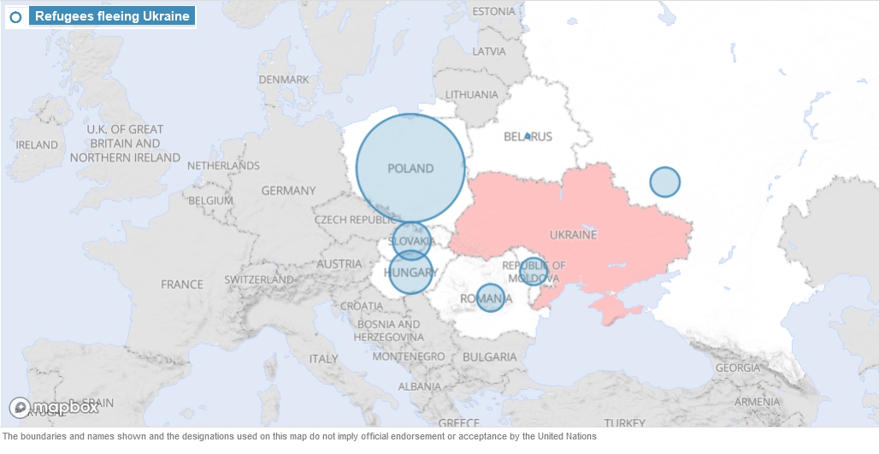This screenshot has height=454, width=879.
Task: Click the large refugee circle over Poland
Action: (x=410, y=168)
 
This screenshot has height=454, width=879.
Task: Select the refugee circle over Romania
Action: (x=490, y=298)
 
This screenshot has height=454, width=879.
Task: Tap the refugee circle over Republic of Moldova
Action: (x=533, y=272)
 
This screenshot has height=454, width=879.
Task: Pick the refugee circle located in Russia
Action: (x=664, y=182)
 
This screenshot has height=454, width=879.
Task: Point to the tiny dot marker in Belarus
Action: (x=528, y=136)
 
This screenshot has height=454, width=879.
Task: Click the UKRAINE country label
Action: (x=573, y=234)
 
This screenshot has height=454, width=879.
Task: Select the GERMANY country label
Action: (x=288, y=191)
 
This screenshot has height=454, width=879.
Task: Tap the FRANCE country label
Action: (x=182, y=285)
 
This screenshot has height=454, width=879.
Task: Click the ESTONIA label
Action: (x=494, y=11)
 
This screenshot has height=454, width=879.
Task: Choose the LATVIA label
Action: (x=489, y=50)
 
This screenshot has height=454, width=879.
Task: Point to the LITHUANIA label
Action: (x=471, y=94)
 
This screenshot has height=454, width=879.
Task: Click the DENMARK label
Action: (x=284, y=80)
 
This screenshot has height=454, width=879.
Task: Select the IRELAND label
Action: (x=37, y=145)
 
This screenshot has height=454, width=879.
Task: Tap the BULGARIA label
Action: (x=489, y=357)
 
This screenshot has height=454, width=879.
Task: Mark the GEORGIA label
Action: (x=737, y=368)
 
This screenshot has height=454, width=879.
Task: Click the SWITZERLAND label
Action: (x=259, y=280)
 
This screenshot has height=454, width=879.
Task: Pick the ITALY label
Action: (x=324, y=358)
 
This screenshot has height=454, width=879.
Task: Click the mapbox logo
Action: (x=54, y=407)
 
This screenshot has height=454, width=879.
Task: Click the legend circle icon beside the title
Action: (x=15, y=16)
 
